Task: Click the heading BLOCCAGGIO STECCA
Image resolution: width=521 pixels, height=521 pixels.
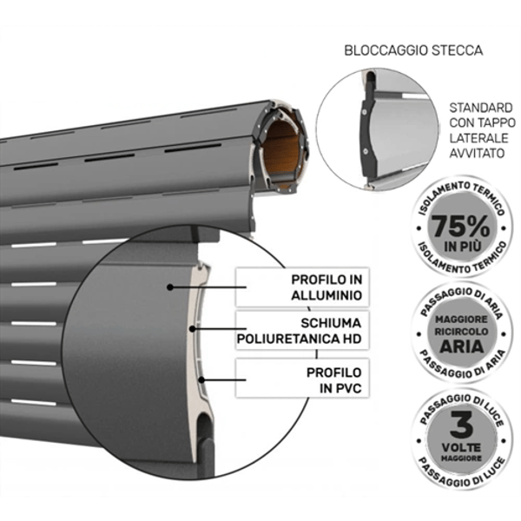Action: [x=413, y=50]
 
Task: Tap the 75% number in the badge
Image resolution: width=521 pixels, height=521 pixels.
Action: [x=460, y=226]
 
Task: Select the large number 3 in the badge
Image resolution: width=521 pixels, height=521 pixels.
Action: [x=462, y=425]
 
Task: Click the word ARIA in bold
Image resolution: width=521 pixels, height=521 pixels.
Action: [x=462, y=346]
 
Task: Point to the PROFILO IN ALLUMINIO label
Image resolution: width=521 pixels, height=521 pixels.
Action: [x=326, y=287]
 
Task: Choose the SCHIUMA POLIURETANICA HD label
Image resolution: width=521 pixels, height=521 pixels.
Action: [x=299, y=331]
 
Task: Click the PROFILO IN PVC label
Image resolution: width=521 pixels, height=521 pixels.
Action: [x=334, y=380]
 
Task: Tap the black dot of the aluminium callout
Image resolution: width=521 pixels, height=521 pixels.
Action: [x=170, y=287]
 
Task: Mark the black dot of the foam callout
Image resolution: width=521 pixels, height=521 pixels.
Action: [x=192, y=329]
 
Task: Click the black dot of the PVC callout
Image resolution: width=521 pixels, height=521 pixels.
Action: [x=201, y=379]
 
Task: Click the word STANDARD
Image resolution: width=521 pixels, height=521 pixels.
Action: [x=481, y=108]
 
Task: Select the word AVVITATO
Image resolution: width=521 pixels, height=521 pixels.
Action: [x=477, y=153]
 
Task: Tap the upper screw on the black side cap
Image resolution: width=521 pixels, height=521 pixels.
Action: [x=365, y=112]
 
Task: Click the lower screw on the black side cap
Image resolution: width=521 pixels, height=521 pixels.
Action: [x=366, y=151]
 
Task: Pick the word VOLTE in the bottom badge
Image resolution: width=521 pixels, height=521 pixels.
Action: [x=461, y=447]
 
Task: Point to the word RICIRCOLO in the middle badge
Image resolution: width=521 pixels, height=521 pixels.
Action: [x=462, y=332]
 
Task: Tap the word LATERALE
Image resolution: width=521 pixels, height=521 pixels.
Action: [x=478, y=138]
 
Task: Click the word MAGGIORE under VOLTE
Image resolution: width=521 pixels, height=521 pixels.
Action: [x=461, y=458]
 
